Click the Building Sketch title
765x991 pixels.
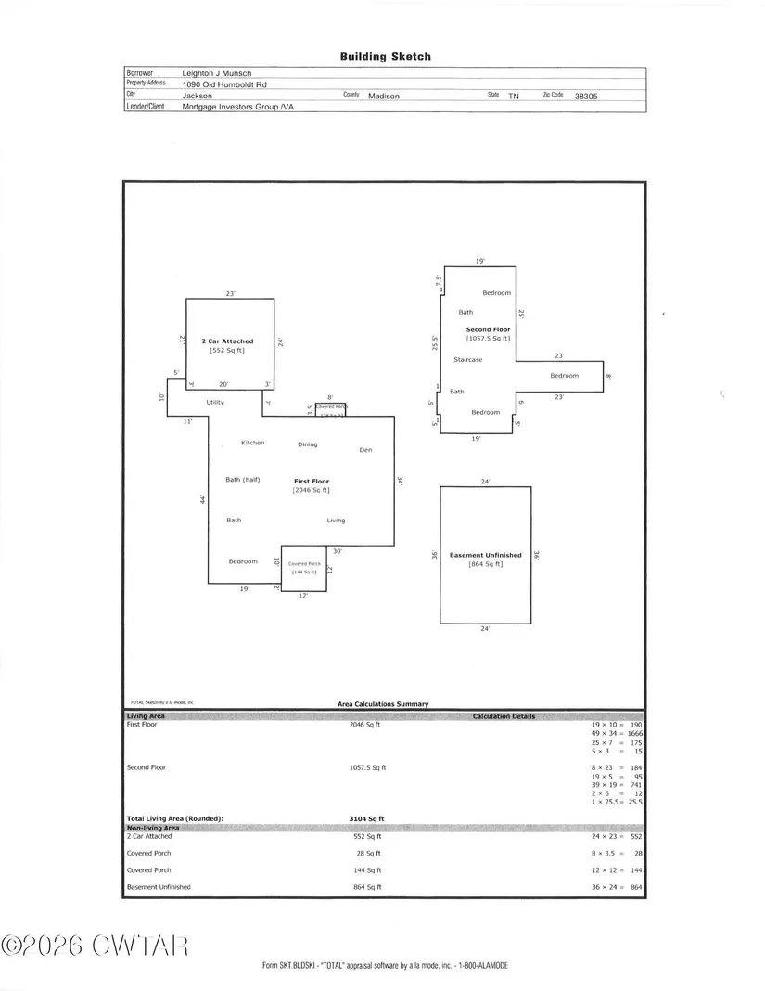pos(385,57)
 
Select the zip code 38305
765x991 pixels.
pos(586,96)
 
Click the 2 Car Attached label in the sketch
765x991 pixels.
pos(227,341)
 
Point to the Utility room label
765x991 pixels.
pos(215,403)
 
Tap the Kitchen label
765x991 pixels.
pos(252,443)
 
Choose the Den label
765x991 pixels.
pos(365,450)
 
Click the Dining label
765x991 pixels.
pos(307,444)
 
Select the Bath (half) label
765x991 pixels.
pos(244,480)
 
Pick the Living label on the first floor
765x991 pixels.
pos(336,521)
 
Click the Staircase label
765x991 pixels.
pos(467,359)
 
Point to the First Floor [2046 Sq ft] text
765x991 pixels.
pos(312,485)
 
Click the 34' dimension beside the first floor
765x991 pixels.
pos(400,481)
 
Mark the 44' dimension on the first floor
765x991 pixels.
pos(201,500)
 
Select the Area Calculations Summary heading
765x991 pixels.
pos(383,704)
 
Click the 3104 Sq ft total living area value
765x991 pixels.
pos(365,819)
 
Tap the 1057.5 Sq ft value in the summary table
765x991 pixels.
pos(366,767)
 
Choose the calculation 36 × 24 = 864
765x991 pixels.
pos(616,887)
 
